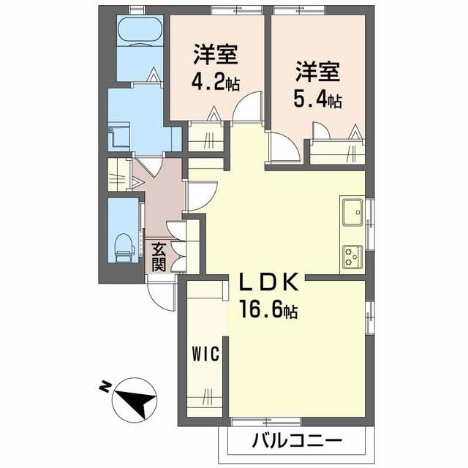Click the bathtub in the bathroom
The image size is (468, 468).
[x=138, y=33]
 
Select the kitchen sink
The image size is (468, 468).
[x=352, y=212]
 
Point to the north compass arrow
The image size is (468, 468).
[x=135, y=399]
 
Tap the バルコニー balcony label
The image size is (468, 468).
[x=298, y=442]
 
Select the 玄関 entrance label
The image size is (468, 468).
[x=159, y=257]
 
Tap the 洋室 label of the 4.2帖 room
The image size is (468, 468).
[x=215, y=55]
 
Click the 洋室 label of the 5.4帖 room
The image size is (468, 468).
[x=317, y=73]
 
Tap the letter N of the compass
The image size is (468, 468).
[x=105, y=388]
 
